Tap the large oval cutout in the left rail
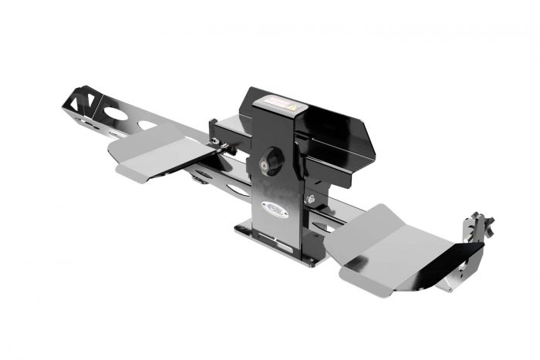[116, 113]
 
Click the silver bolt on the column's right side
[309, 199]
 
